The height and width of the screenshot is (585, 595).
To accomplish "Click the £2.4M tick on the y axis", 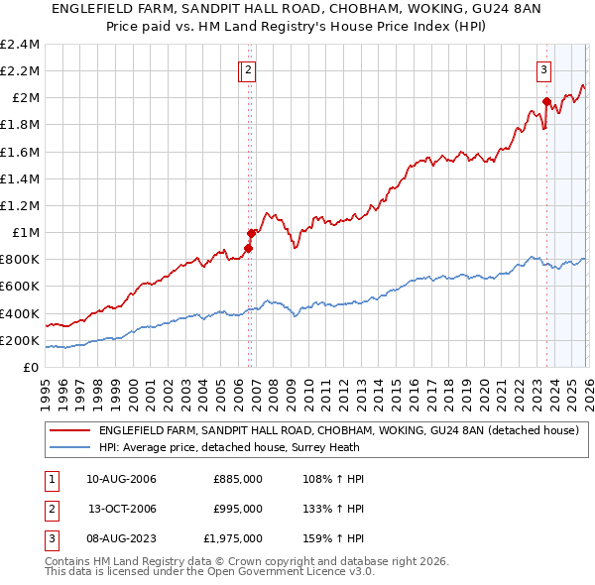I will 20,45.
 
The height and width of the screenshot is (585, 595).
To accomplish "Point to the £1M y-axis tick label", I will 25,233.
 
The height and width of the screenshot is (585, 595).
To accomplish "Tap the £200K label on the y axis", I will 20,340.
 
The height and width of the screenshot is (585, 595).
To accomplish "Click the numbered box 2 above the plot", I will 247,69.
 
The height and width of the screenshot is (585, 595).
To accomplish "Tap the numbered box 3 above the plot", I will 544,69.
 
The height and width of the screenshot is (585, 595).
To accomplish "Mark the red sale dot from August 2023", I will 546,101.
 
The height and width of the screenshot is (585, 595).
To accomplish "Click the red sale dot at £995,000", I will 251,233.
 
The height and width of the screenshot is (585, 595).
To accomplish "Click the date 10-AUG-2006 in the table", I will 121,479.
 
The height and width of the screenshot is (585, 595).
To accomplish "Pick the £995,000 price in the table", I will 238,509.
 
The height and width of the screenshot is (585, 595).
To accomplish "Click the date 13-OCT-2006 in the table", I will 121,509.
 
